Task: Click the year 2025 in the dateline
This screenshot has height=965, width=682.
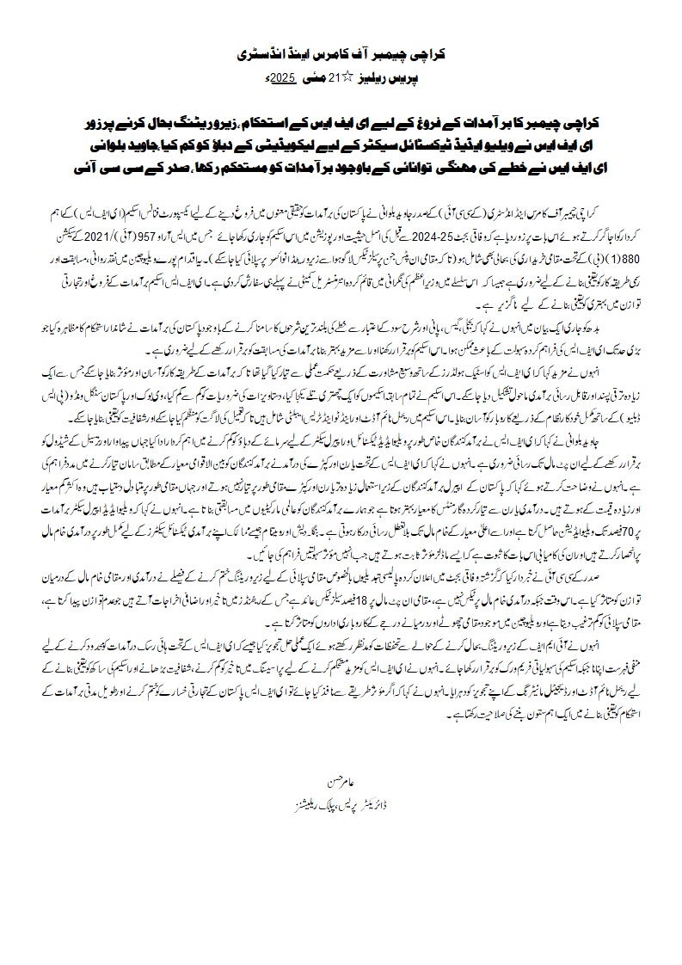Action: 283,78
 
